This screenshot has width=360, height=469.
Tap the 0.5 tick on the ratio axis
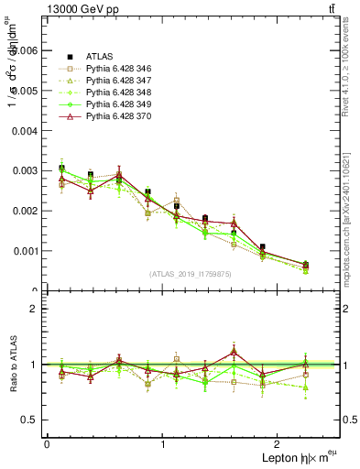(x=28, y=420)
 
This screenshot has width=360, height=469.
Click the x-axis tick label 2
(x=280, y=444)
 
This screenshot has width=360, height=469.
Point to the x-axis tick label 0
(x=47, y=444)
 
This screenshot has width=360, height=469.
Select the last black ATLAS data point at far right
(x=305, y=265)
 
